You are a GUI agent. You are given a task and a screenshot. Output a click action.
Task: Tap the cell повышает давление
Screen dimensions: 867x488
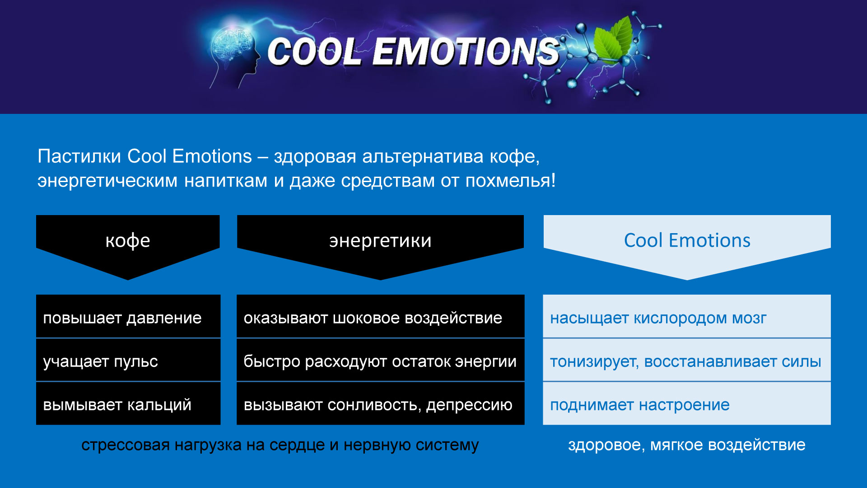coord(128,316)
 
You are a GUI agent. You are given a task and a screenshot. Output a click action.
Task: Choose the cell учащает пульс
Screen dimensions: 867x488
coord(128,360)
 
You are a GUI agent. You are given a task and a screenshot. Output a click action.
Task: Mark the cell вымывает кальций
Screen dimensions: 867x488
coord(128,404)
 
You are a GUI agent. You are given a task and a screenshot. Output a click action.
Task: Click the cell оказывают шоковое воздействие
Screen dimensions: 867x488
coord(381,316)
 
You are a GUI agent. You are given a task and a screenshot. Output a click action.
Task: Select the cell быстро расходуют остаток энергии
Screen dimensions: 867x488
coord(381,360)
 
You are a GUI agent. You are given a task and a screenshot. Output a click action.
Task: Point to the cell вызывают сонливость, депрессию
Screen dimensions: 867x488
coord(381,404)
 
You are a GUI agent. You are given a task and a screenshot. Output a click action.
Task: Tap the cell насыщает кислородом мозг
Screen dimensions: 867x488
coord(687,316)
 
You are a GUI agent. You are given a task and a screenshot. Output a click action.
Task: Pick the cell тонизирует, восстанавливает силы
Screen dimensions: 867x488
coord(687,360)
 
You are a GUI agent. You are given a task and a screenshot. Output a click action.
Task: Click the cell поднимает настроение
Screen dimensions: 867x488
coord(687,404)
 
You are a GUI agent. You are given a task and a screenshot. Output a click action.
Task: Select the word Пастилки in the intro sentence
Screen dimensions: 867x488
coord(79,156)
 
